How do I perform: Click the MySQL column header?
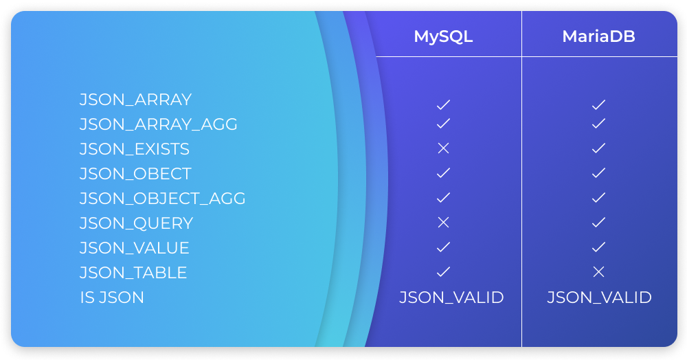click(x=443, y=36)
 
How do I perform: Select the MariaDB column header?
click(x=598, y=36)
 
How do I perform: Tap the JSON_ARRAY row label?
click(x=135, y=100)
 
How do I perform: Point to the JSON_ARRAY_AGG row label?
click(x=158, y=124)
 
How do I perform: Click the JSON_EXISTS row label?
click(x=134, y=149)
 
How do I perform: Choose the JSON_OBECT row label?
click(x=135, y=174)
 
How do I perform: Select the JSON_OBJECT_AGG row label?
click(x=162, y=199)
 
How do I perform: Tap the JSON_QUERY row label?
click(x=136, y=223)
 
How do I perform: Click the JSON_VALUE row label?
click(x=134, y=248)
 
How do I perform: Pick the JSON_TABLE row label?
click(x=133, y=273)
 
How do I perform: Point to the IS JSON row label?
click(x=112, y=297)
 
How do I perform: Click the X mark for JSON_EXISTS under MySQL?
click(x=443, y=148)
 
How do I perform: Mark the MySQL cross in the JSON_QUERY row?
click(x=443, y=222)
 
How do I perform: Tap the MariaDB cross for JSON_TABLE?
click(x=598, y=272)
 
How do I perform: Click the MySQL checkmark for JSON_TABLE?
click(x=443, y=271)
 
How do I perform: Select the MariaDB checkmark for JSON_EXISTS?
click(x=598, y=148)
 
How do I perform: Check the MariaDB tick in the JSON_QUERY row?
click(x=598, y=222)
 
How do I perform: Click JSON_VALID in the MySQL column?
click(x=452, y=297)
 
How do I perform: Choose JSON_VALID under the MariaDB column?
click(x=599, y=297)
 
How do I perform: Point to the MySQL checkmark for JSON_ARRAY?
click(x=443, y=104)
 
